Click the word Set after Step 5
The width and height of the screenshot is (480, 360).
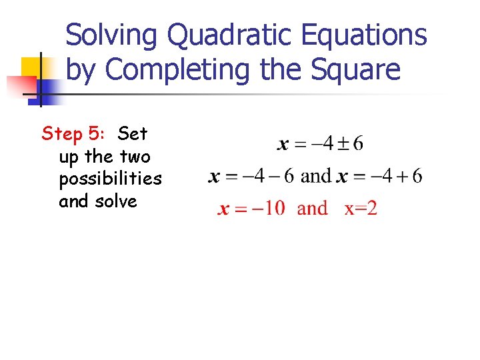[133, 134]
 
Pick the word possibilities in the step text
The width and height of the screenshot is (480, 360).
[110, 179]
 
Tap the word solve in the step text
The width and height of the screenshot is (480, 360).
[116, 201]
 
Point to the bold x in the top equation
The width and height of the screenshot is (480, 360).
[283, 145]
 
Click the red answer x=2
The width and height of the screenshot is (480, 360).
[361, 208]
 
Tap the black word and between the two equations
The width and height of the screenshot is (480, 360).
[316, 176]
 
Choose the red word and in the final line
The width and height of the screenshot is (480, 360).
[312, 208]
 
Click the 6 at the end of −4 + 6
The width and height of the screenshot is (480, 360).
[417, 176]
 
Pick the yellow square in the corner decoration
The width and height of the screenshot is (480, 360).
[31, 68]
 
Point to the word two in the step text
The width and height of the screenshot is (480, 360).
[135, 157]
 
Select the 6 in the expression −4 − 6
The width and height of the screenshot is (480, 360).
[289, 176]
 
